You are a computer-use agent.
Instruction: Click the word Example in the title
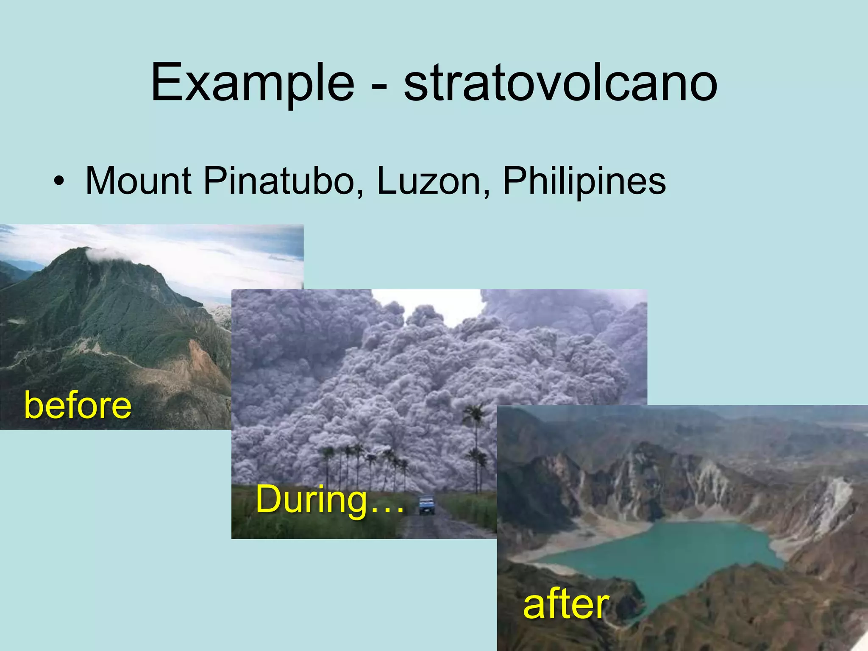tap(253, 83)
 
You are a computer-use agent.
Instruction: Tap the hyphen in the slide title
tap(378, 85)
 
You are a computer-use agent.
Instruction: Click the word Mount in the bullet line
tap(138, 181)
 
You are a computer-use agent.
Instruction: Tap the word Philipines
tap(584, 182)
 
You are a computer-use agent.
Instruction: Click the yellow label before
tap(78, 406)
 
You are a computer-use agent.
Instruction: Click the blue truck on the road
tap(426, 505)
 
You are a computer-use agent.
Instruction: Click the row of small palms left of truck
tap(364, 462)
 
